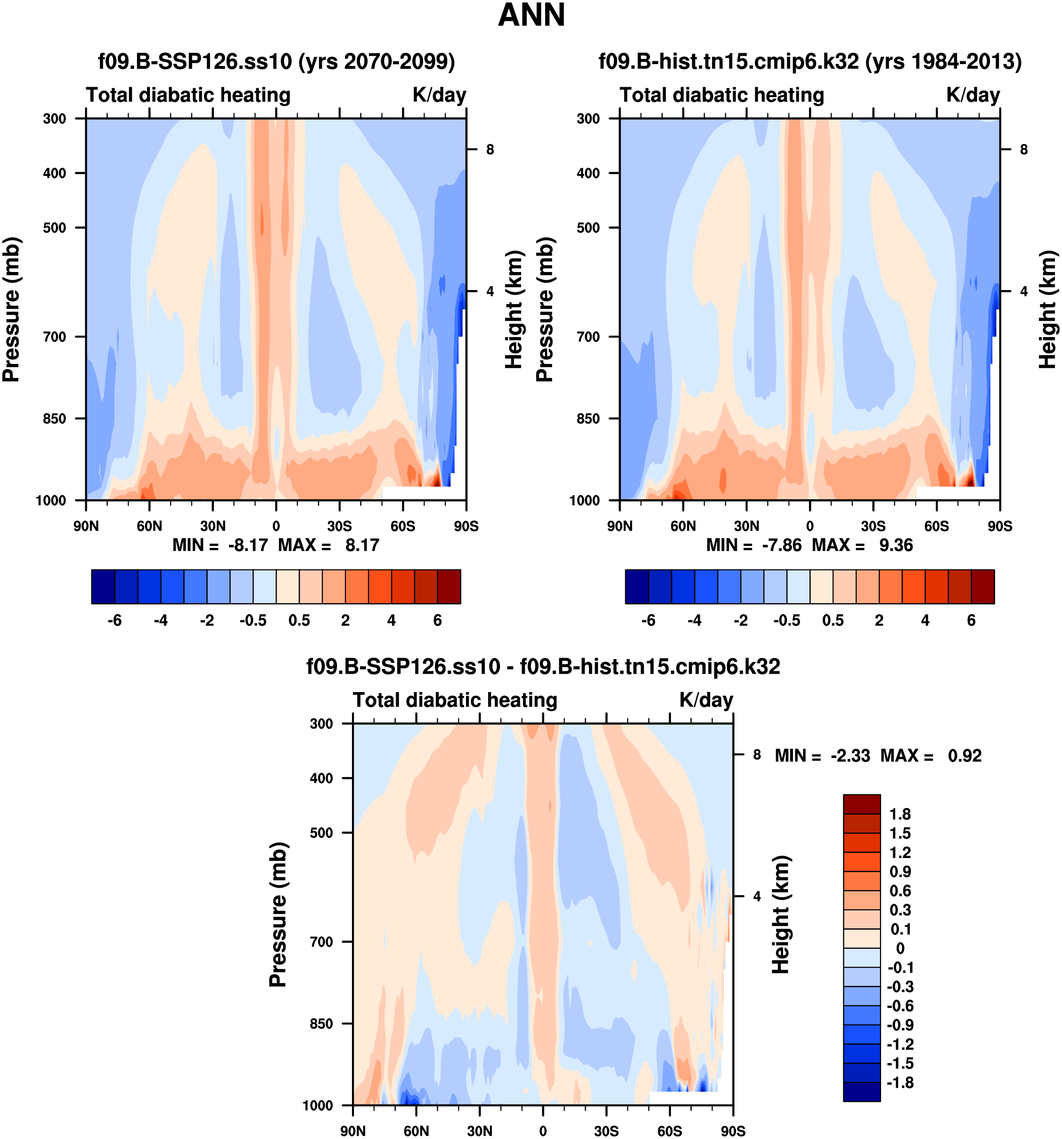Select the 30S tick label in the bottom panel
tap(606, 1131)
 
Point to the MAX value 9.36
tap(896, 545)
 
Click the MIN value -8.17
tap(248, 545)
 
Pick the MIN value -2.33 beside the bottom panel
tap(850, 756)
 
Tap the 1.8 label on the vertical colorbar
tap(899, 814)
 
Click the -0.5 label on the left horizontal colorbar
tap(253, 620)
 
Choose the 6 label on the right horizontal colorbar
tap(971, 620)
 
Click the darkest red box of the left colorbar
tap(449, 586)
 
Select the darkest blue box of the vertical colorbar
tap(861, 1091)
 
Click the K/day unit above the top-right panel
tap(972, 95)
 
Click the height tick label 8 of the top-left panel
tap(490, 149)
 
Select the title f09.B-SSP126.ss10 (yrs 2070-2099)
tap(276, 61)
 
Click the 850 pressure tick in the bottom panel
tap(321, 1023)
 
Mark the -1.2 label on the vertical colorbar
tap(899, 1044)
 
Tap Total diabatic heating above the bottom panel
tap(455, 700)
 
